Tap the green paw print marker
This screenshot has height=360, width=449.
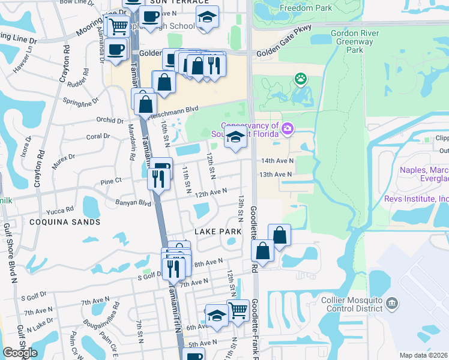coord(300,79)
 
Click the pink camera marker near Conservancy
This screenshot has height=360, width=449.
coord(287,128)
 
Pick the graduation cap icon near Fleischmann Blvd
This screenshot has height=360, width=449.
coord(236,137)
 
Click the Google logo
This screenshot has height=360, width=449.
coord(20,353)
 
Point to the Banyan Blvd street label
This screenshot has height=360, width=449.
coord(133,203)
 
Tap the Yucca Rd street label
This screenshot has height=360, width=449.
coord(61,210)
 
